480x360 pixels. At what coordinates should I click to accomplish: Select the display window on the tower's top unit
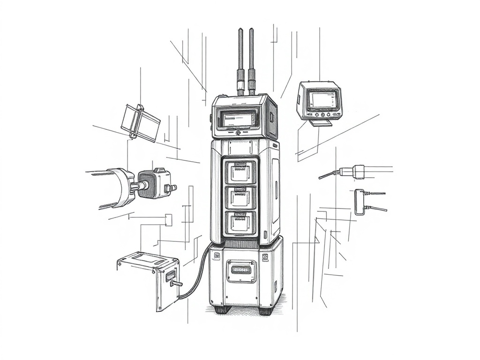click(239, 119)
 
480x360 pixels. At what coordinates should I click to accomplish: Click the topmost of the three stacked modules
click(241, 172)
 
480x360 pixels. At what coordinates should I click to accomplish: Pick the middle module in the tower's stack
click(241, 197)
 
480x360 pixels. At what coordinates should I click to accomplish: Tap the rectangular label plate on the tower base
click(241, 270)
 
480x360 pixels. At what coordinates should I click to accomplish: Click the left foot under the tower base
click(222, 309)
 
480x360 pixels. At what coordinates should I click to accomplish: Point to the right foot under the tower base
click(266, 310)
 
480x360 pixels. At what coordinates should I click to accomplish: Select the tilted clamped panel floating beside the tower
click(140, 122)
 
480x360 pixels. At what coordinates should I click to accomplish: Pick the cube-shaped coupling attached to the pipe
click(154, 184)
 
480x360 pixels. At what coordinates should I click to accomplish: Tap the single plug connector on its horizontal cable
click(358, 172)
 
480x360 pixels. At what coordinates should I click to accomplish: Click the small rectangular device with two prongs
click(360, 202)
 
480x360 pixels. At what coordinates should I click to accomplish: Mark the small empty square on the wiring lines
click(169, 220)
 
